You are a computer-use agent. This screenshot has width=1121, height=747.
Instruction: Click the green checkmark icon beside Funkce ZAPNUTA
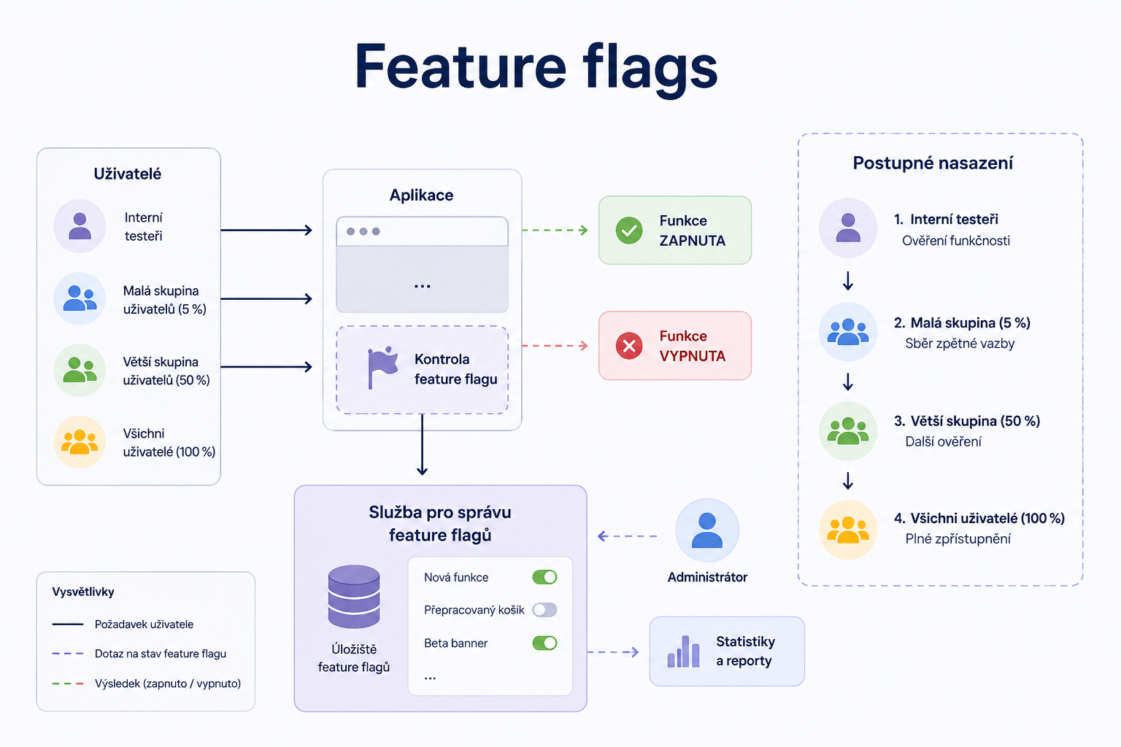click(629, 231)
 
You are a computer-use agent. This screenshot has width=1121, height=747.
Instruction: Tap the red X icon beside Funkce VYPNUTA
click(629, 346)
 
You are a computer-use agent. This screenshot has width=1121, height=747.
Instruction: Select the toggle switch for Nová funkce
click(544, 577)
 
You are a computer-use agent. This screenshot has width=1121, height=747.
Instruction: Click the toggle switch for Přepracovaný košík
click(544, 609)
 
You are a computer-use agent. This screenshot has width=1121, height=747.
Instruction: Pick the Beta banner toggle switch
click(544, 643)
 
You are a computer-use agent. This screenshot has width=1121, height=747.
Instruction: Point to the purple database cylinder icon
click(354, 597)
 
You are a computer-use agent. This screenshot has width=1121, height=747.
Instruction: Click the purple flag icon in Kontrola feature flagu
click(382, 367)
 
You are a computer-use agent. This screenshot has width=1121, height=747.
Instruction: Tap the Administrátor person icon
click(706, 530)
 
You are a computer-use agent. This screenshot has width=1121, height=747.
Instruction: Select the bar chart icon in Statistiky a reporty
click(683, 651)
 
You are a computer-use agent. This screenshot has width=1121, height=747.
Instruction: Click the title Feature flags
click(536, 68)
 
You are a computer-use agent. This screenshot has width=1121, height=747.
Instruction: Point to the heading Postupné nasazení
click(933, 163)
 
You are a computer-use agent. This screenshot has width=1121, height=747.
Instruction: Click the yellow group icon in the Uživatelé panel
click(80, 442)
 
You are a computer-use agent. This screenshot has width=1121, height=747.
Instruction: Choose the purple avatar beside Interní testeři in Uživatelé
click(80, 225)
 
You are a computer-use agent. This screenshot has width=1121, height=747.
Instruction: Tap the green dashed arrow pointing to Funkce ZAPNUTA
click(555, 230)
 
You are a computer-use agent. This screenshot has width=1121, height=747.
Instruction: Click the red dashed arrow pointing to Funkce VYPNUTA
click(555, 345)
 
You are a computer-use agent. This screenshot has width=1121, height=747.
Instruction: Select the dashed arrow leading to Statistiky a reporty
click(613, 652)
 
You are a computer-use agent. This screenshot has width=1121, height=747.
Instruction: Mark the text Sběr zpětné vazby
click(960, 344)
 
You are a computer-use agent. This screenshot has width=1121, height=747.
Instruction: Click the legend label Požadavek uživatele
click(144, 624)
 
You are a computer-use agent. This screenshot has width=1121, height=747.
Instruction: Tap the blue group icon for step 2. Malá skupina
click(848, 331)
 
